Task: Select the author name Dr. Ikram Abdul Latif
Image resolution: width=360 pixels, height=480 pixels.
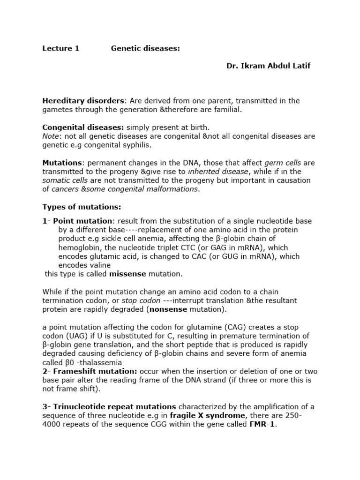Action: [268, 66]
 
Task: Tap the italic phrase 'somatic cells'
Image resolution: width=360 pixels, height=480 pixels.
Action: [62, 180]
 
